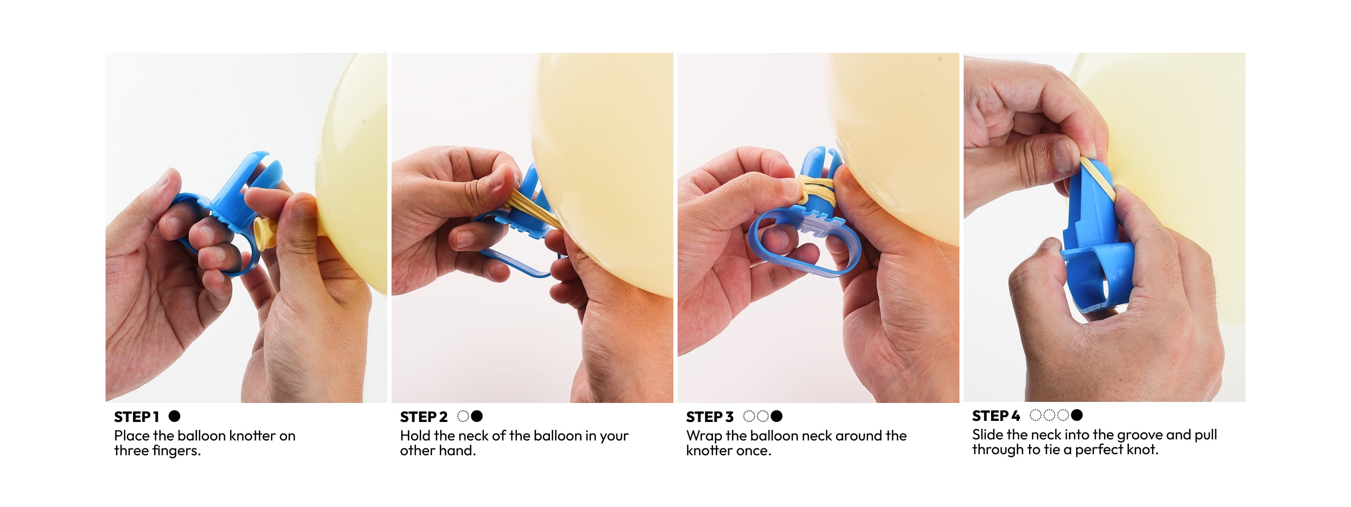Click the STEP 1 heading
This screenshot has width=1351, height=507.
tap(136, 417)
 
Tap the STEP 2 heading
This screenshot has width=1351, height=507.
tap(423, 417)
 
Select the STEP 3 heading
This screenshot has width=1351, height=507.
tap(710, 417)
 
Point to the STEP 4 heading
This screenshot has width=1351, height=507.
tap(996, 416)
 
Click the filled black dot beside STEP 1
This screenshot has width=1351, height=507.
tap(175, 416)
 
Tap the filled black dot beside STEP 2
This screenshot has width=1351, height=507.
tap(477, 416)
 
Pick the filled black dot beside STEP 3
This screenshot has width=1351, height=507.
tap(776, 416)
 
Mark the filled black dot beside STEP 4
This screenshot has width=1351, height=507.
tap(1077, 415)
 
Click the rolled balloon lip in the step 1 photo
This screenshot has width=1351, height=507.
tap(264, 233)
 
